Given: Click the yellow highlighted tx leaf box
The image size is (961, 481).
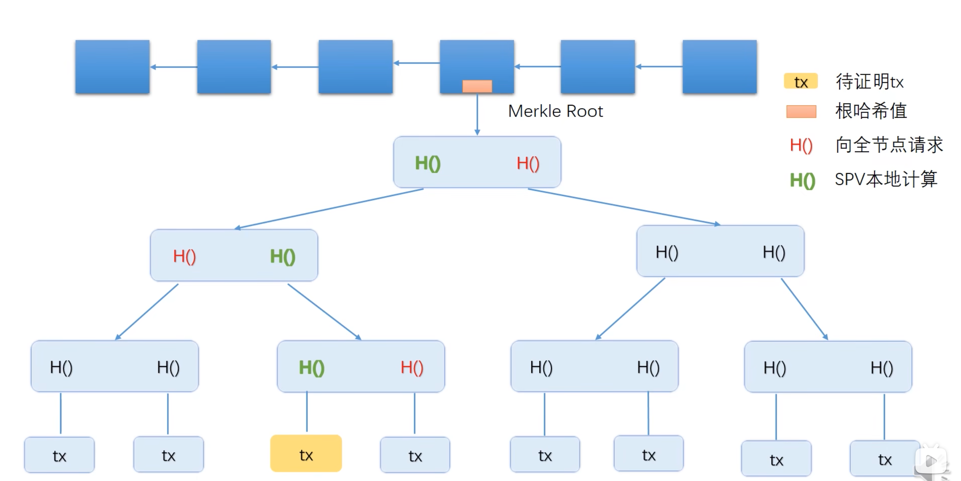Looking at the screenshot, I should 306,453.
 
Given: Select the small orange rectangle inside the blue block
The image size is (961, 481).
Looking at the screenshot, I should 477,86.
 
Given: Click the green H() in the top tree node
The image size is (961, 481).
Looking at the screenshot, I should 428,163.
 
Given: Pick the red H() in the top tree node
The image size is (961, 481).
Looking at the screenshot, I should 528,163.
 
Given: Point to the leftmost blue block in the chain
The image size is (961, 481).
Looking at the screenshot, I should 112,67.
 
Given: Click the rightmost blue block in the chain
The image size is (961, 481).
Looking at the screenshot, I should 719,67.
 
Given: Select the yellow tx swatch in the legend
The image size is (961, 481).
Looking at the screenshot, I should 801,81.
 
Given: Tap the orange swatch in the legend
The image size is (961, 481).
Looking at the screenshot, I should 801,111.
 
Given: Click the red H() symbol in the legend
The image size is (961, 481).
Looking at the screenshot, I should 801,145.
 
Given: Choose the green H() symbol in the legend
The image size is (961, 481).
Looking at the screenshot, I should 802,180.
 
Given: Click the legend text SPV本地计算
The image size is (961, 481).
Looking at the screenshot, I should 886,179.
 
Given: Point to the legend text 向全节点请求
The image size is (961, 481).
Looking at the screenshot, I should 889,145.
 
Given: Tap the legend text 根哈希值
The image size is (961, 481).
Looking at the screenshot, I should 871,111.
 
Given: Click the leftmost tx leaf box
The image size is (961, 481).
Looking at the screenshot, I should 59,455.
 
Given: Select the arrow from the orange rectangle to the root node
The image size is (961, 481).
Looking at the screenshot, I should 477,114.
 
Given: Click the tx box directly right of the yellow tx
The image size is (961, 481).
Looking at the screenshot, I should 415,455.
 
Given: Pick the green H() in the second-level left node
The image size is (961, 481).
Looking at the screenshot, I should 282,257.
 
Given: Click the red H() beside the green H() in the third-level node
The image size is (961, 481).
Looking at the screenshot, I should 412,368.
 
